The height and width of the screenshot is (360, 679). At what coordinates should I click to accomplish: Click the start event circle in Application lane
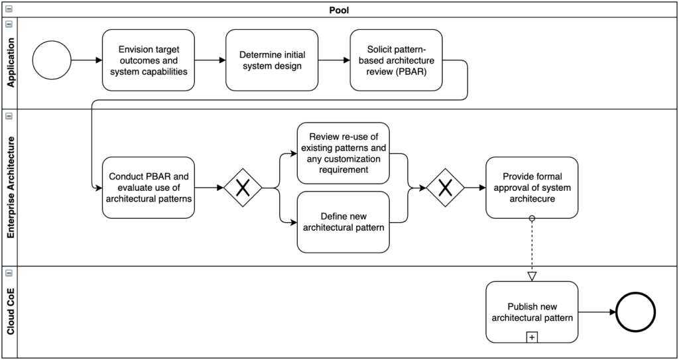pyautogui.click(x=51, y=60)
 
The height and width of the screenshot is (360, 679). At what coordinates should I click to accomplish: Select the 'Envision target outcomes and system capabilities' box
pyautogui.click(x=148, y=60)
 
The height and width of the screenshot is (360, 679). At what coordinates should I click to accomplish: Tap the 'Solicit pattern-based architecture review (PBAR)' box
pyautogui.click(x=396, y=60)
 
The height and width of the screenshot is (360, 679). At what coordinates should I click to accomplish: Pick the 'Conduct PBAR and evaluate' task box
pyautogui.click(x=148, y=188)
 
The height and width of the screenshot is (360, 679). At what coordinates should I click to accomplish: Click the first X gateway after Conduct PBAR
pyautogui.click(x=243, y=188)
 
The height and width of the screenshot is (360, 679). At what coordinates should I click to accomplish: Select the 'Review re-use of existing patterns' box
pyautogui.click(x=343, y=153)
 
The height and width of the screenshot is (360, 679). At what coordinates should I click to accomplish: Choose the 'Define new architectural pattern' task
pyautogui.click(x=343, y=222)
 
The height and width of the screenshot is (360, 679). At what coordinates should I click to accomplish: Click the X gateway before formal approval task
pyautogui.click(x=445, y=188)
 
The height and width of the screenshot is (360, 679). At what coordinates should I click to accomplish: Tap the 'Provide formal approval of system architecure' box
pyautogui.click(x=532, y=188)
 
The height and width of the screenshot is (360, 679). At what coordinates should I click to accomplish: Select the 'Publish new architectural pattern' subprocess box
pyautogui.click(x=532, y=312)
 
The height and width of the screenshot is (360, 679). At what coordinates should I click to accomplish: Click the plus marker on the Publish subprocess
pyautogui.click(x=532, y=337)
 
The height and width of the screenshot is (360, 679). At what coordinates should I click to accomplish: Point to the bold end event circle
pyautogui.click(x=635, y=312)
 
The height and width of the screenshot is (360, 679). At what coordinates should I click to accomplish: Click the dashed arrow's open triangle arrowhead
pyautogui.click(x=532, y=276)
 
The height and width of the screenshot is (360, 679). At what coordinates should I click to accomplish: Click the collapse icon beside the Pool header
pyautogui.click(x=9, y=10)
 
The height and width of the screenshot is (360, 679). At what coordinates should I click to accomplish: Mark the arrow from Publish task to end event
pyautogui.click(x=596, y=312)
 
